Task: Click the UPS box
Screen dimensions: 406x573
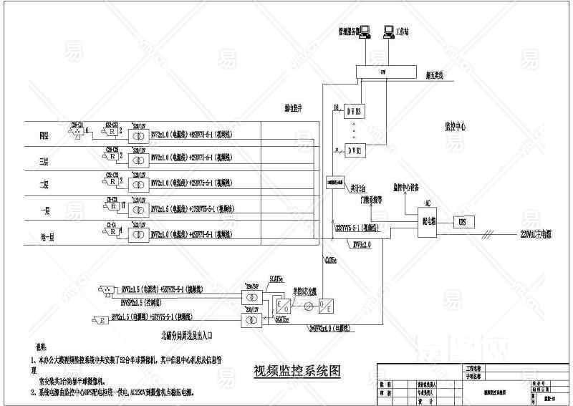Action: pyautogui.click(x=462, y=223)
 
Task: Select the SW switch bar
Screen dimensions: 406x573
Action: pyautogui.click(x=383, y=72)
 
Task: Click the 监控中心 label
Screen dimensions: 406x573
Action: pyautogui.click(x=455, y=126)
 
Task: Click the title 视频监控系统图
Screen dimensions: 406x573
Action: pyautogui.click(x=297, y=370)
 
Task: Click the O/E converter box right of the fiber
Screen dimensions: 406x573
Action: pyautogui.click(x=324, y=309)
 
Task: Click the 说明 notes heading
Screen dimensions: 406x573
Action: pyautogui.click(x=32, y=346)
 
